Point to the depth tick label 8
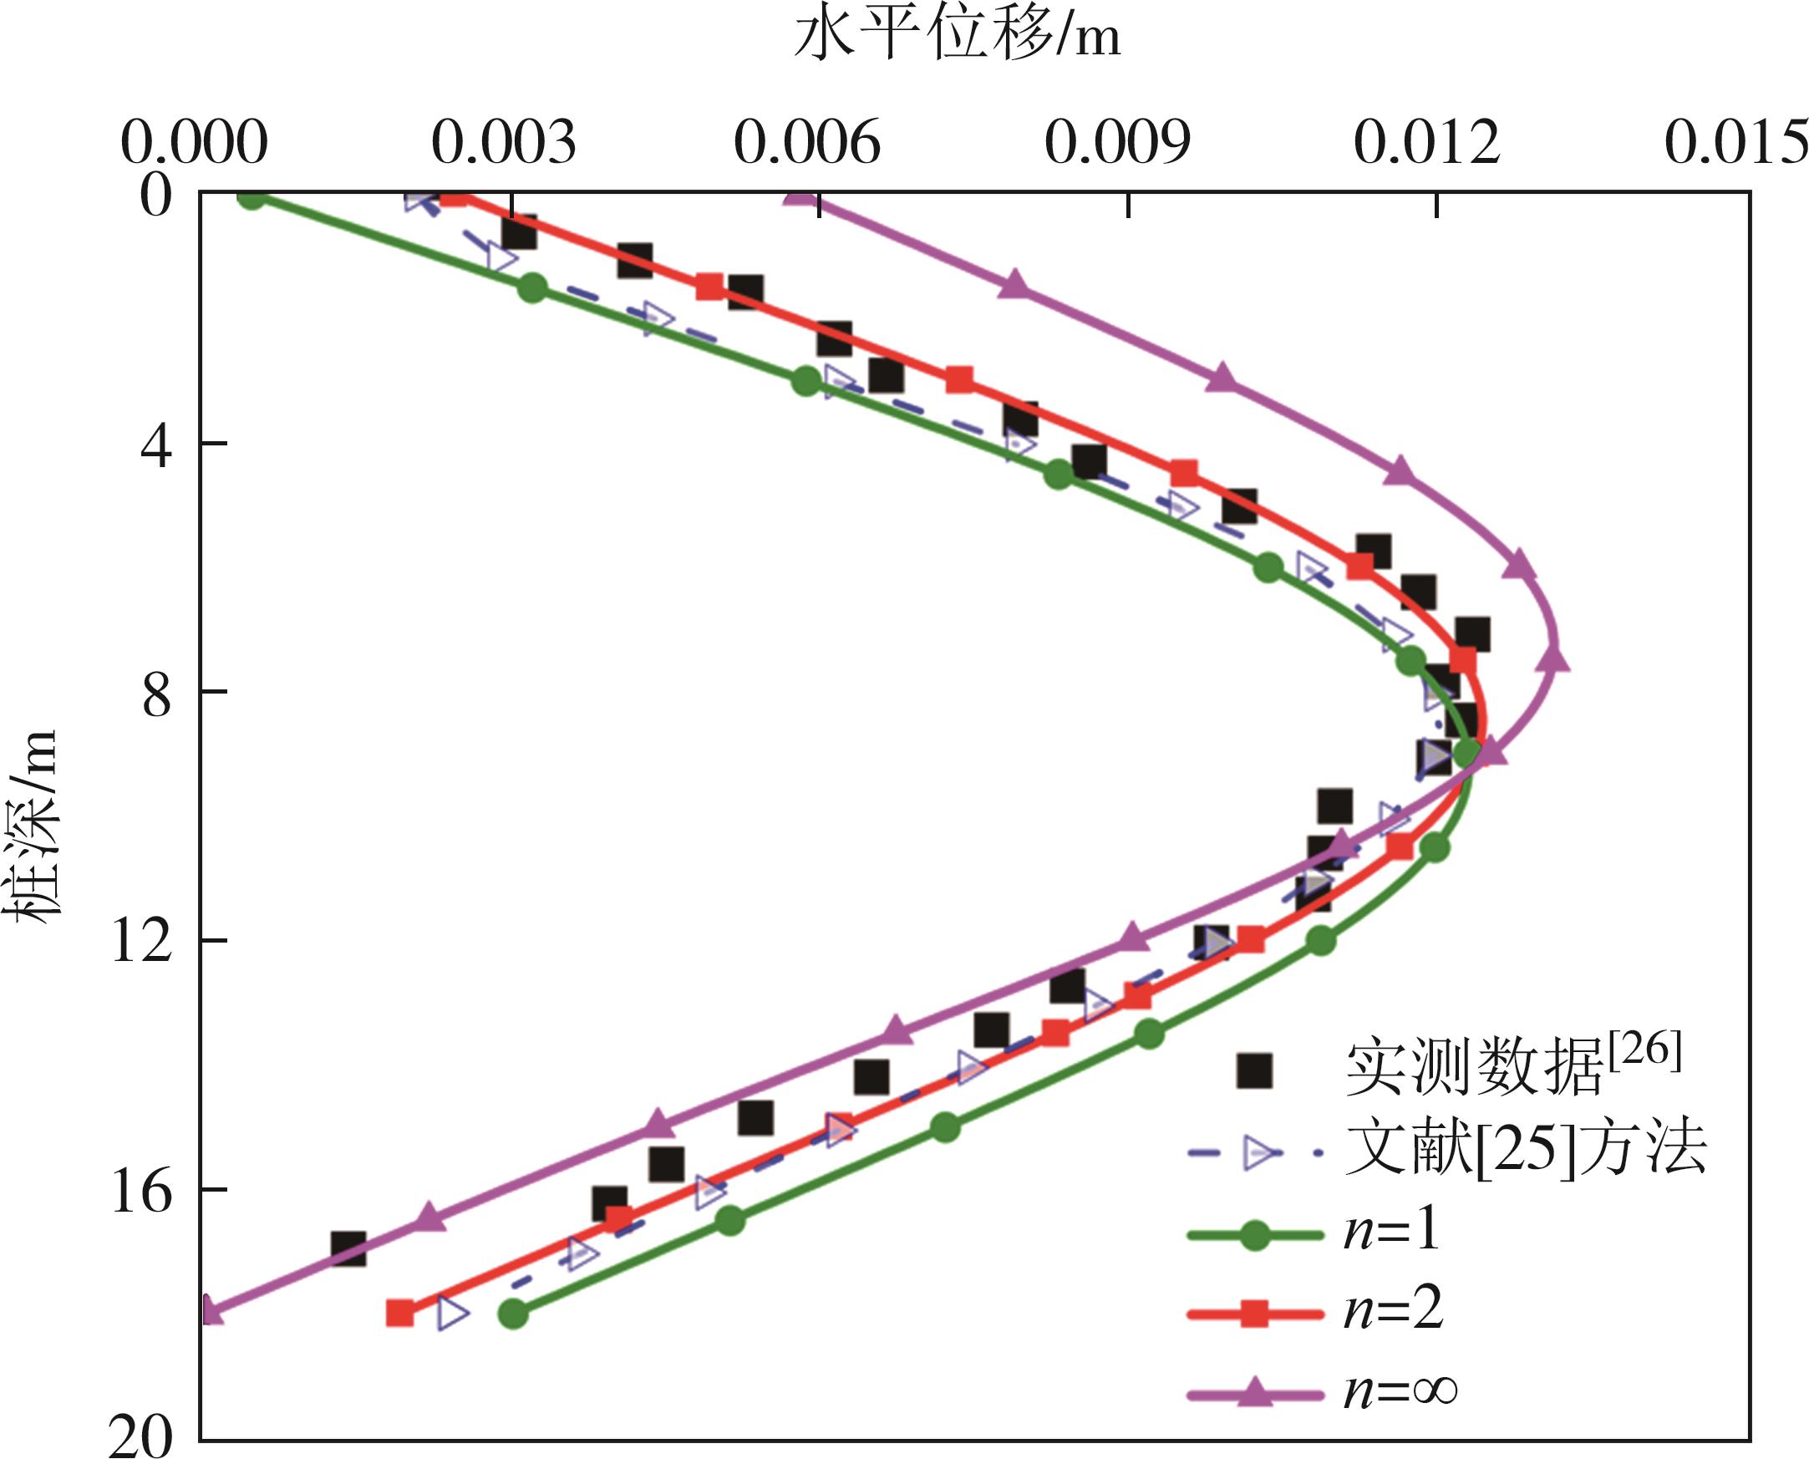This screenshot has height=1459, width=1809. point(156,693)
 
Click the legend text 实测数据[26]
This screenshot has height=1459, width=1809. point(1513,1067)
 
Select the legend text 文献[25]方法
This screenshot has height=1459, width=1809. point(1525,1149)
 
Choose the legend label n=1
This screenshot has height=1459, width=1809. point(1391,1232)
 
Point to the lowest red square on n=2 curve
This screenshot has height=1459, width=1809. point(400,1313)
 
